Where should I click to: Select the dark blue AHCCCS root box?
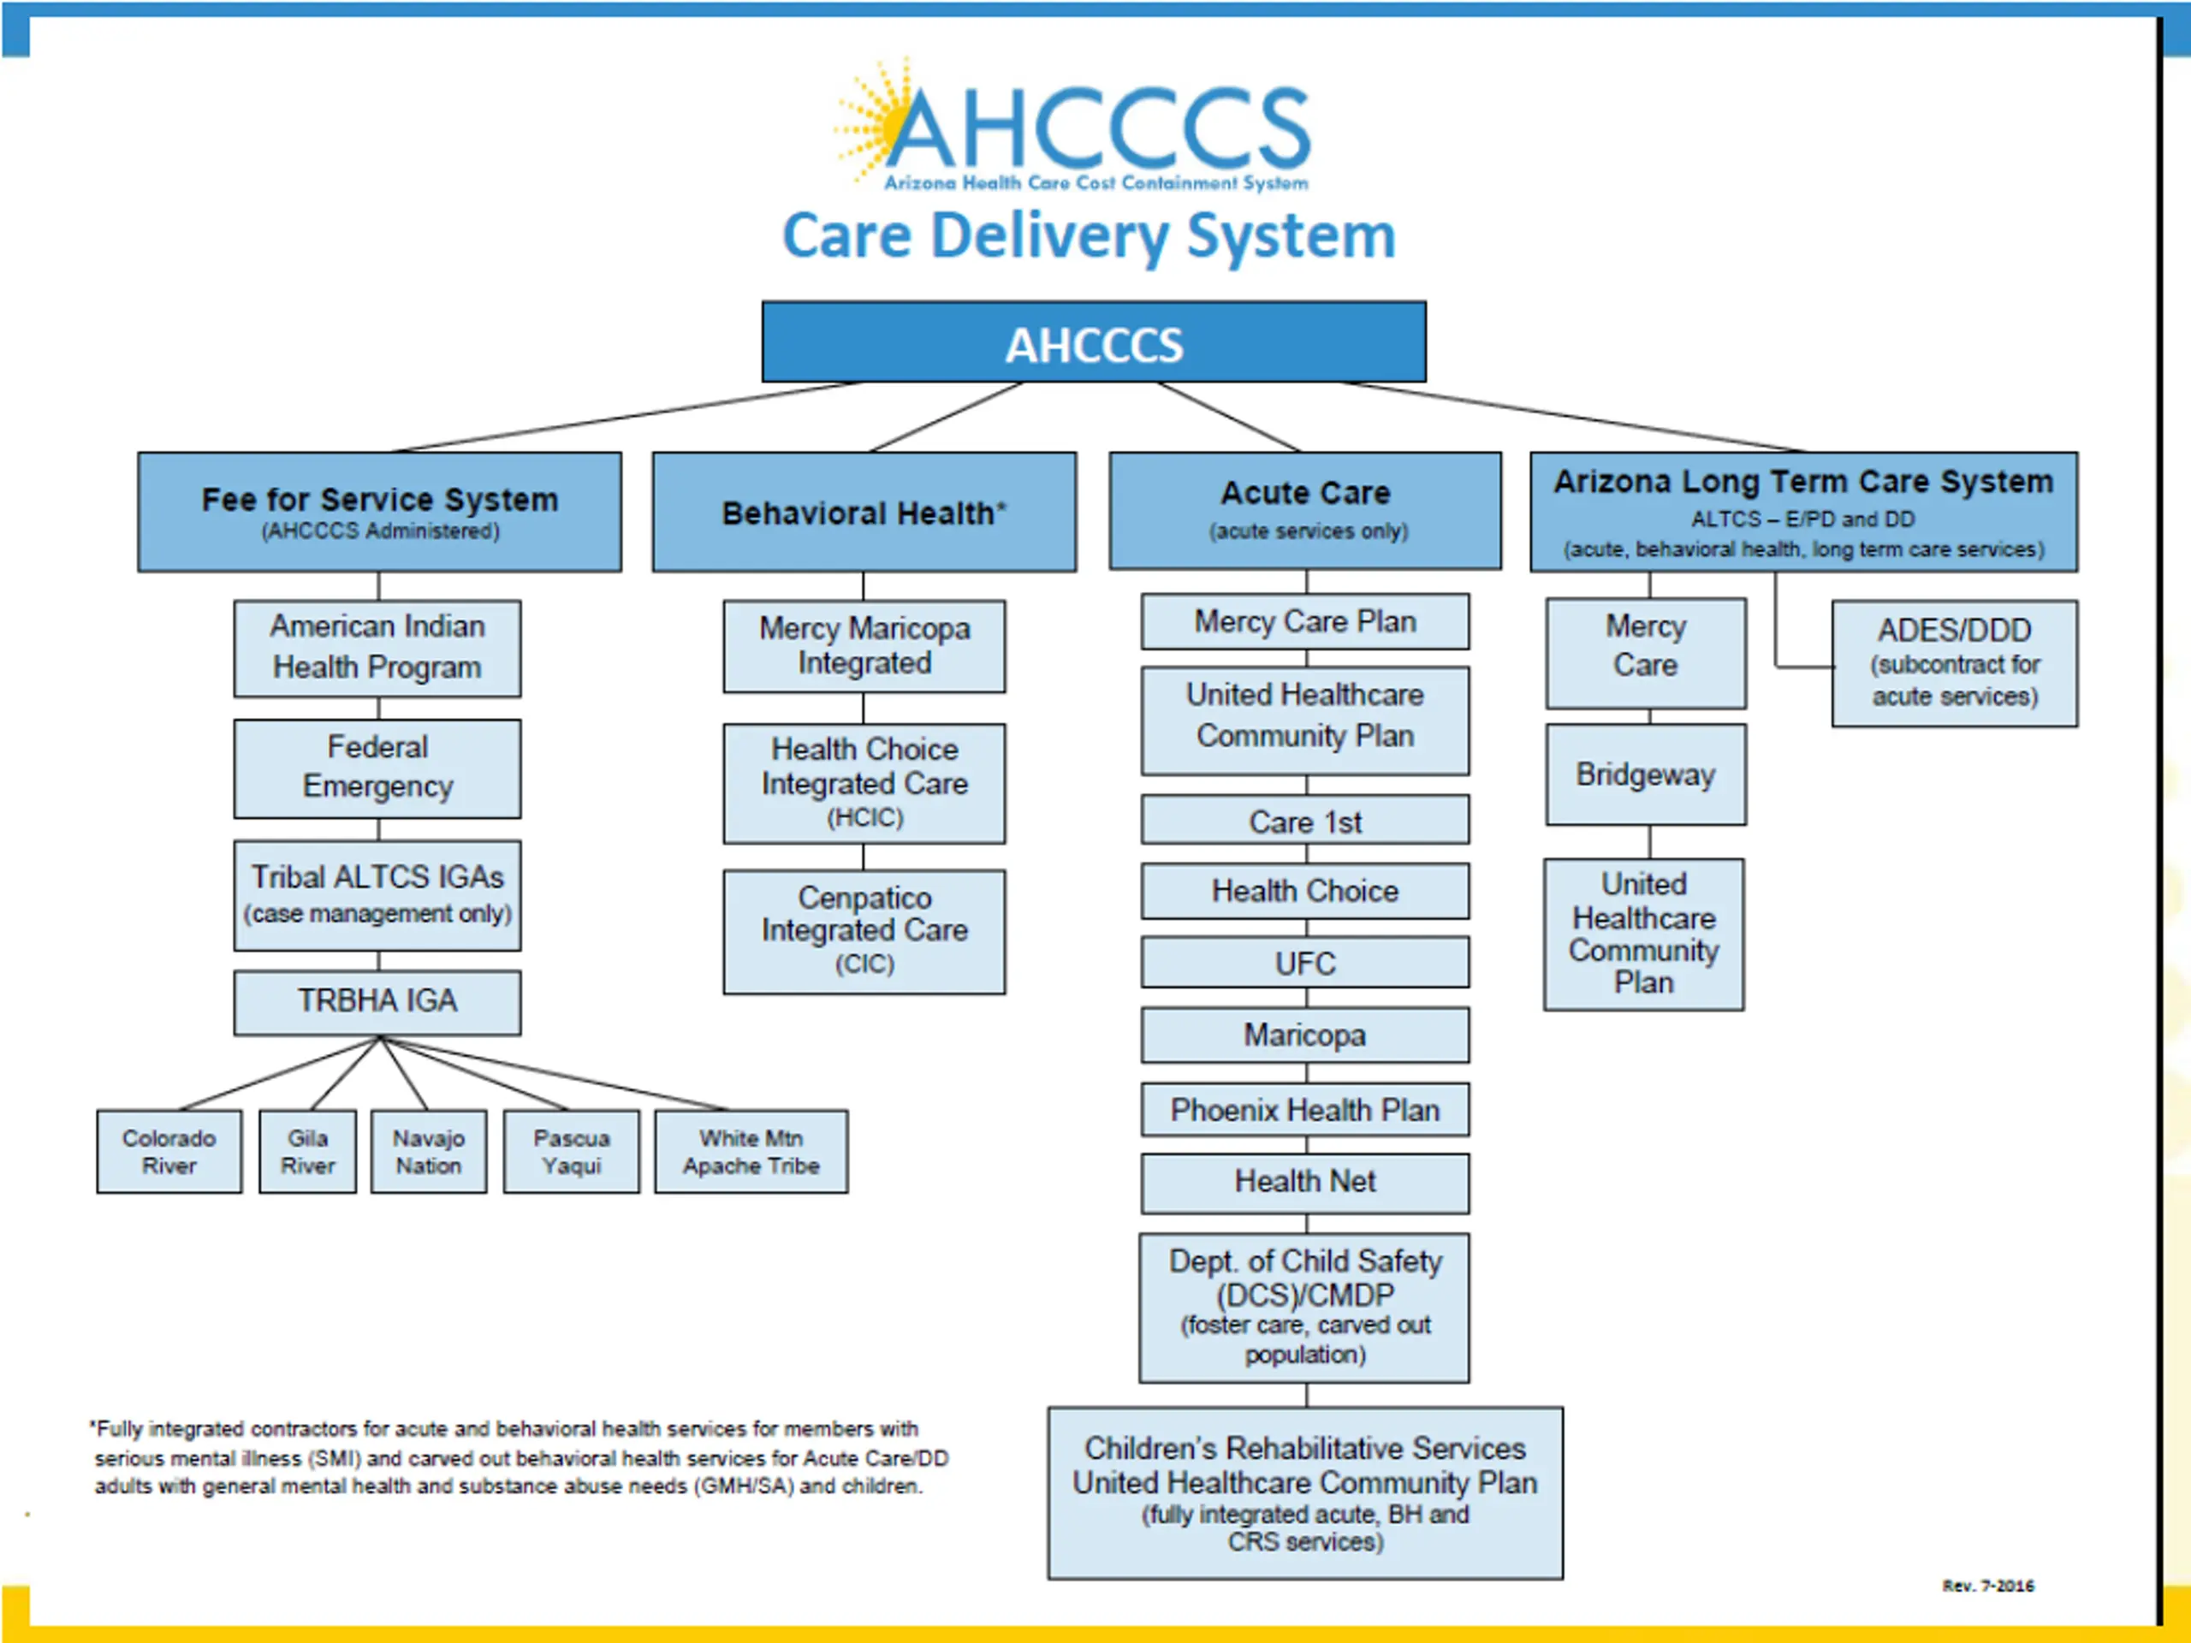(x=1094, y=341)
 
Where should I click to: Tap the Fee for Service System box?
(x=379, y=512)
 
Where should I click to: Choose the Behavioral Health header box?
(x=864, y=512)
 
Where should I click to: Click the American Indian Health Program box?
(x=377, y=648)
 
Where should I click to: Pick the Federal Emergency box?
(x=377, y=768)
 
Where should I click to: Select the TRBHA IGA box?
(x=377, y=1002)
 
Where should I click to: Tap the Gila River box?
(x=307, y=1152)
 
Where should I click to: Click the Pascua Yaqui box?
(x=572, y=1152)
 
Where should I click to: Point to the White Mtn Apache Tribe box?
(x=751, y=1152)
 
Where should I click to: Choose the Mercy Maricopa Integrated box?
(x=864, y=646)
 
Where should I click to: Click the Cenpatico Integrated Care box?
(x=864, y=932)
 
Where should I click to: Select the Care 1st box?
(x=1304, y=820)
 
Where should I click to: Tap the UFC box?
(x=1304, y=963)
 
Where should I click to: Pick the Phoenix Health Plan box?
(x=1304, y=1109)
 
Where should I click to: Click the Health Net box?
(x=1304, y=1183)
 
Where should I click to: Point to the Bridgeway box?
(x=1645, y=774)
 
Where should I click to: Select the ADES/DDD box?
(x=1954, y=663)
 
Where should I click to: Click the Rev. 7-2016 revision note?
(x=1988, y=1586)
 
